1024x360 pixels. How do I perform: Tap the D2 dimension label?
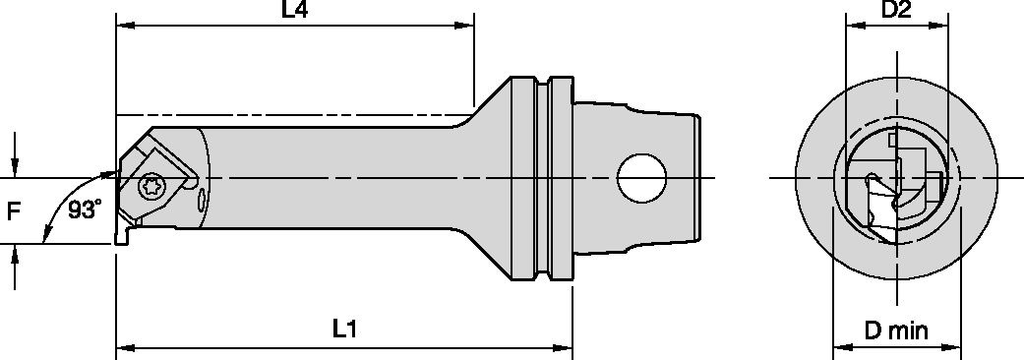point(896,12)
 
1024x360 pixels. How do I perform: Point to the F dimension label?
point(13,210)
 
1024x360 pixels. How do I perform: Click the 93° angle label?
point(86,210)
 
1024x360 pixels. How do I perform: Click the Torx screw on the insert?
point(153,185)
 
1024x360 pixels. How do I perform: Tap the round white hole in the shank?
point(641,178)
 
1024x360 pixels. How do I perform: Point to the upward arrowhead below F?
point(15,255)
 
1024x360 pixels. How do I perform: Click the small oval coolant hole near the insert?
point(202,201)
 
